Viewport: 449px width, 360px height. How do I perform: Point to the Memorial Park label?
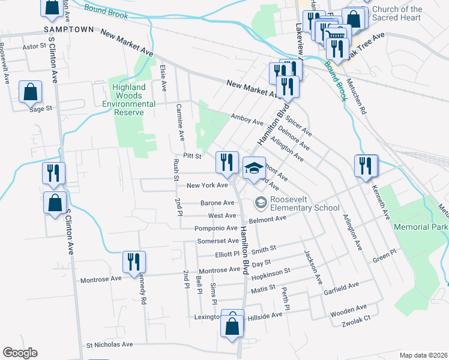(420, 227)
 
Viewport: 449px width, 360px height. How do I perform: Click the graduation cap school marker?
(254, 167)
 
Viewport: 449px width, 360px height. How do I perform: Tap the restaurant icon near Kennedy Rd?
(133, 262)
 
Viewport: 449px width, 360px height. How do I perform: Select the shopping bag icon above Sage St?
(30, 93)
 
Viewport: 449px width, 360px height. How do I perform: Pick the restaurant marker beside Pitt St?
(227, 163)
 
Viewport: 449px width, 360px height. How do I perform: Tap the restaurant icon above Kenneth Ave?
(366, 166)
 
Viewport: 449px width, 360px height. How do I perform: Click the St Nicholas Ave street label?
(109, 345)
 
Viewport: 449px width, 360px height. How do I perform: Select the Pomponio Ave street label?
(215, 229)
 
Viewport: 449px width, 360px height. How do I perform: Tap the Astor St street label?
(34, 46)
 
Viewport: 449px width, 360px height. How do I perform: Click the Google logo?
(20, 353)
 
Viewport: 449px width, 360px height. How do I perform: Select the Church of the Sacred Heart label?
(397, 14)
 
